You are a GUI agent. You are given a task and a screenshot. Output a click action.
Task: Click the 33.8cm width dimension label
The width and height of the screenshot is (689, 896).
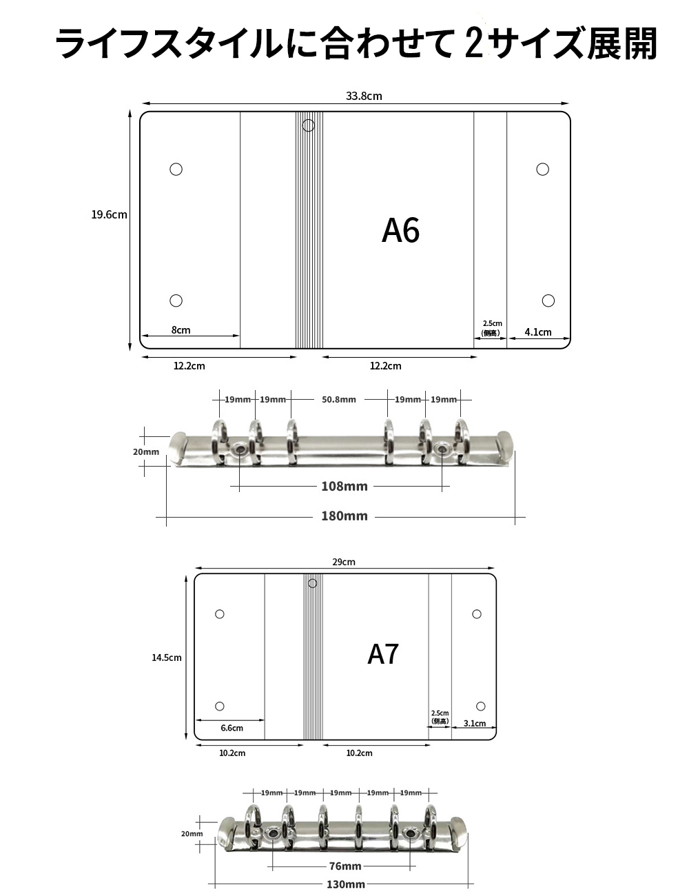coord(364,96)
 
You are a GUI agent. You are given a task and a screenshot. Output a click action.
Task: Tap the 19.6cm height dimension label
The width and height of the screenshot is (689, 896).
coord(109,214)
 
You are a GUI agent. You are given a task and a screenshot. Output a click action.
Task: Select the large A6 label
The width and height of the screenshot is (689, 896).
coord(400,230)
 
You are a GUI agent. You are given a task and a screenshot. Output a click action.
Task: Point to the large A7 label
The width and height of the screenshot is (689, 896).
coord(383,654)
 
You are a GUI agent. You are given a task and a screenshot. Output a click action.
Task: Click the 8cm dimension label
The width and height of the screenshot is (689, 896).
coord(181,330)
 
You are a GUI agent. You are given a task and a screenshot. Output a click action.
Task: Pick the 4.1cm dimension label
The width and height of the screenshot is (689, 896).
coord(538,332)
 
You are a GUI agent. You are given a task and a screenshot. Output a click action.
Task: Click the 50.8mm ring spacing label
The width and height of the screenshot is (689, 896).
coord(339,399)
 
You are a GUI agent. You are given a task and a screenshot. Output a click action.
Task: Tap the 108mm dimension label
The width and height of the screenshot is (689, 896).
coord(344,486)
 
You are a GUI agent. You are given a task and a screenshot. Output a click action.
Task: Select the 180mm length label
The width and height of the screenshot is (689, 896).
coord(344,516)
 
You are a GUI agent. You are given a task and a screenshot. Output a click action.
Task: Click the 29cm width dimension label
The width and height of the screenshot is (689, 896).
coord(344,562)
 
